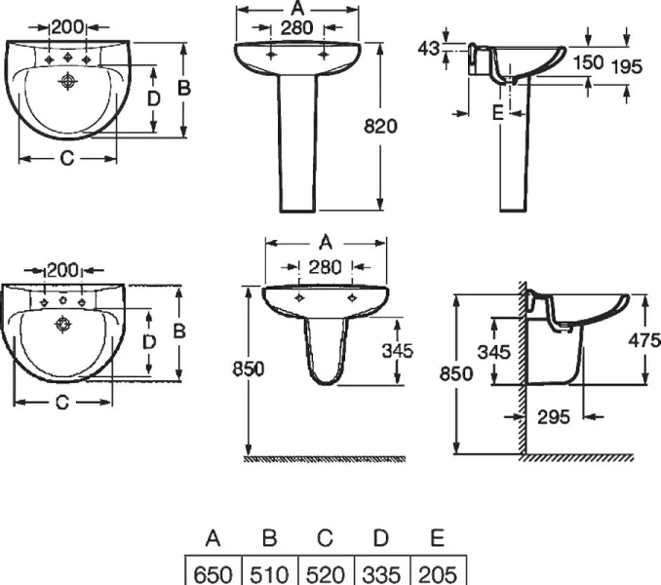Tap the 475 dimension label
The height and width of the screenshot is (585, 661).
pyautogui.click(x=645, y=340)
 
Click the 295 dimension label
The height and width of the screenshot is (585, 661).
pyautogui.click(x=554, y=416)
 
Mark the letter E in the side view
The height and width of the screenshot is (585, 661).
pyautogui.click(x=496, y=114)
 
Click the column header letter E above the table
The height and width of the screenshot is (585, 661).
pyautogui.click(x=437, y=538)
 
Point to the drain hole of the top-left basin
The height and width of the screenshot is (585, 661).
pyautogui.click(x=68, y=82)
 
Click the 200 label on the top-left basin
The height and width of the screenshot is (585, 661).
pyautogui.click(x=67, y=27)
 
